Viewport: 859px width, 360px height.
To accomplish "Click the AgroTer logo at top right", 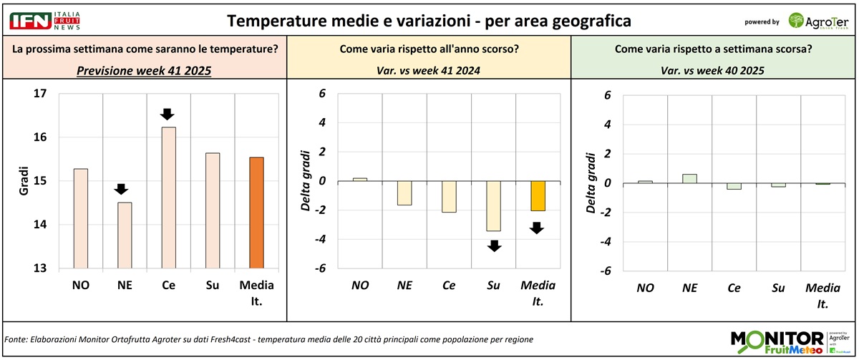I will point(818,21).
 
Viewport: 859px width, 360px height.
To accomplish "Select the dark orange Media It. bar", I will point(256,213).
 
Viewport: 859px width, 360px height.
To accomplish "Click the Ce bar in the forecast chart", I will point(168,198).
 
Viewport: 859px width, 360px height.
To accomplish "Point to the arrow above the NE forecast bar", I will point(121,189).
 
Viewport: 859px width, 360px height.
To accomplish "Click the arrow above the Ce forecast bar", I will point(167,114).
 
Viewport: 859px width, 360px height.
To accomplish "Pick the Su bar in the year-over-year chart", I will point(493,205).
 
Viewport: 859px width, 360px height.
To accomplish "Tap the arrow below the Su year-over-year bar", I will point(493,245).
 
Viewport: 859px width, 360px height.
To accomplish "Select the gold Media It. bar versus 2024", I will point(538,195).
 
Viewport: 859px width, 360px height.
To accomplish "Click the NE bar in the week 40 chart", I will point(689,178).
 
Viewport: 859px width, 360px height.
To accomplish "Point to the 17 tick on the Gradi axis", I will point(40,93).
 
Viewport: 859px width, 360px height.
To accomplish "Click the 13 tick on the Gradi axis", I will point(40,268).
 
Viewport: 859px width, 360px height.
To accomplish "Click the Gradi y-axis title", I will point(23,180).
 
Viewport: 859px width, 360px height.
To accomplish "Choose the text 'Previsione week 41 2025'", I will point(144,72).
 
